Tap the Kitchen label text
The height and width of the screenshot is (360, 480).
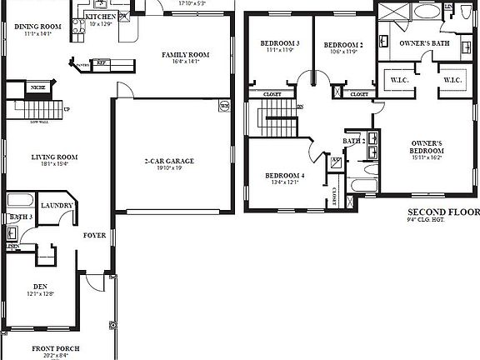[101, 17]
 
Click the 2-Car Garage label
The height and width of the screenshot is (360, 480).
[169, 161]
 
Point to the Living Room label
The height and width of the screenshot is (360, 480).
[54, 157]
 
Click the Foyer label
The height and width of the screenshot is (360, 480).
[94, 235]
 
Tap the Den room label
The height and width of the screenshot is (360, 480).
[40, 286]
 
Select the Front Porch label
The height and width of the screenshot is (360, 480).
[56, 347]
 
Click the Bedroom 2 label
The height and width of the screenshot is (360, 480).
[343, 44]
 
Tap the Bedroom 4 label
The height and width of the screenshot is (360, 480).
[285, 175]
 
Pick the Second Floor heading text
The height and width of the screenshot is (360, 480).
[442, 212]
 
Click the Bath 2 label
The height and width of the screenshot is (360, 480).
[353, 142]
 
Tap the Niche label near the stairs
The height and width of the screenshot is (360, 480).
[38, 87]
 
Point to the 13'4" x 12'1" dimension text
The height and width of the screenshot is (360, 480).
[285, 182]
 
